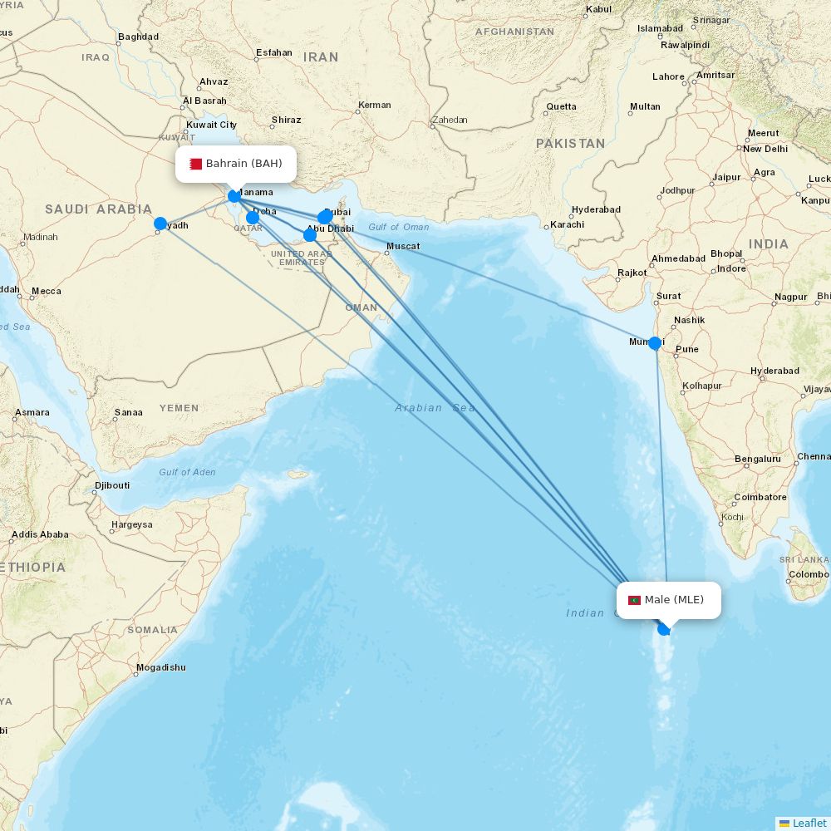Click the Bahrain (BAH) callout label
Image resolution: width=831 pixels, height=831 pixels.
236,164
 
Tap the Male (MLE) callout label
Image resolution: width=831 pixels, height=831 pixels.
669,600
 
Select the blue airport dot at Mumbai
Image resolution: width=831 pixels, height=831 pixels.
655,343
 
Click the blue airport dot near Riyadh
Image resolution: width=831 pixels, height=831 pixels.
160,224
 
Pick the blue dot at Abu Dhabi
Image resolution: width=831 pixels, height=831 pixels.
310,235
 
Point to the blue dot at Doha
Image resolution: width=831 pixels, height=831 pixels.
253,218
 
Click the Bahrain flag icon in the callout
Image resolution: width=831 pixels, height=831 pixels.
195,164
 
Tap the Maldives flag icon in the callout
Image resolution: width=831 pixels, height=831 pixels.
634,600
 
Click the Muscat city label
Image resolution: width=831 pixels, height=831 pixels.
403,246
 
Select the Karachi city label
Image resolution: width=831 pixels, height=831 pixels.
567,224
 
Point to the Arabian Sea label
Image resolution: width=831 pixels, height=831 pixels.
435,408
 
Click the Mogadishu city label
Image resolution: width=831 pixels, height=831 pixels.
160,667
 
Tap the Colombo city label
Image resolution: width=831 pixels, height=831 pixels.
808,574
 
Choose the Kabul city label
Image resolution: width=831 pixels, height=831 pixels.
598,10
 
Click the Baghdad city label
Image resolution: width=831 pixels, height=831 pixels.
138,37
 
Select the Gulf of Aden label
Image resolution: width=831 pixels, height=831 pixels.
187,472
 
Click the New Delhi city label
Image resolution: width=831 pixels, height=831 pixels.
765,149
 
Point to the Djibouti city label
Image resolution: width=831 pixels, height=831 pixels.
111,485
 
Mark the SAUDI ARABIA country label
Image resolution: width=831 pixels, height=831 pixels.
98,209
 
